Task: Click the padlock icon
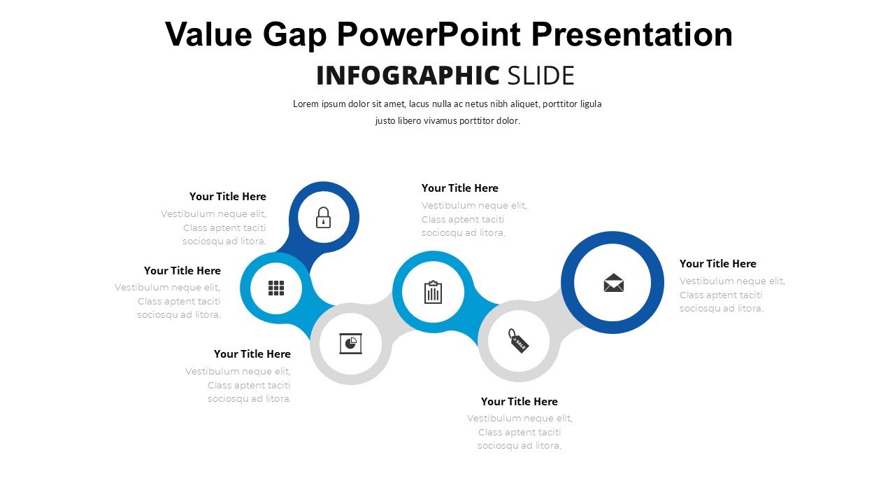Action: click(323, 218)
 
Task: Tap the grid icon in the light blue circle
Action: click(276, 288)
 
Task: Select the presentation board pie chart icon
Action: click(350, 343)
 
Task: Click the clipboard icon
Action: click(433, 292)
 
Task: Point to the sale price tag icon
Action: click(518, 341)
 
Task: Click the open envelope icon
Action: click(613, 283)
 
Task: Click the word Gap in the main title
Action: click(295, 35)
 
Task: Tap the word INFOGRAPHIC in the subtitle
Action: click(408, 75)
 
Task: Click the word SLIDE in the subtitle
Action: click(540, 75)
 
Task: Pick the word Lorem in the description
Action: click(306, 104)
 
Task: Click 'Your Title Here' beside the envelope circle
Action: click(717, 264)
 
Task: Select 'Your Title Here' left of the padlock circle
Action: click(228, 197)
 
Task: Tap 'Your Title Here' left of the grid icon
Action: click(182, 270)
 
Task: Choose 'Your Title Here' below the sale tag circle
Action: click(519, 401)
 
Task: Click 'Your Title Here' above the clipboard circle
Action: click(460, 188)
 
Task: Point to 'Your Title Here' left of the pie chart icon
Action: click(252, 354)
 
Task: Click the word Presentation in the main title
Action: click(631, 34)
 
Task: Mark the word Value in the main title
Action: click(208, 34)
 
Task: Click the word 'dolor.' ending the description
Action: click(508, 121)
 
